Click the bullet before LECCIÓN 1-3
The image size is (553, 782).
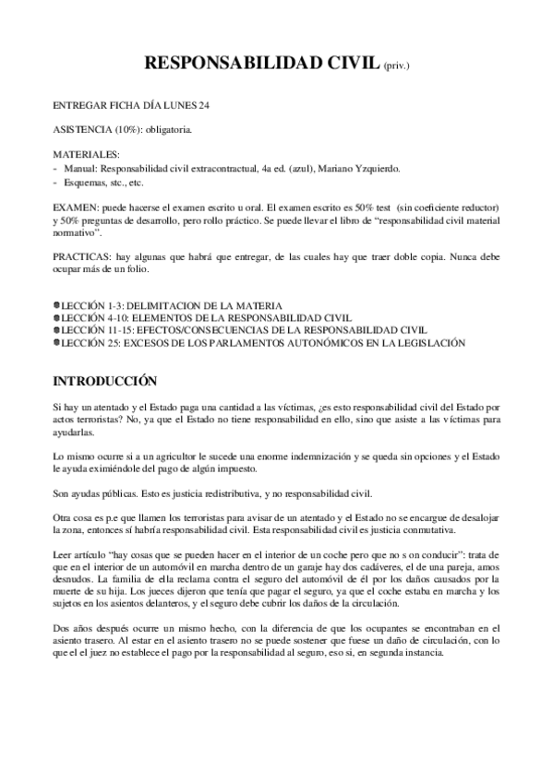coord(56,304)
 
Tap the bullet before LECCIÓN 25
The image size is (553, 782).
coord(56,342)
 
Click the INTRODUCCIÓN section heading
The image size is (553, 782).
coord(105,380)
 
